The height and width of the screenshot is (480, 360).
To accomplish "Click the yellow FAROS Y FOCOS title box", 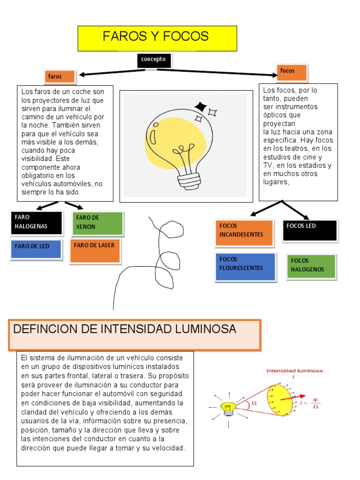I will point(157,38).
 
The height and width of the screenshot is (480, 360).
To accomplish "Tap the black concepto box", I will point(154,60).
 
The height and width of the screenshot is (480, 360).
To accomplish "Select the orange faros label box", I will point(60,76).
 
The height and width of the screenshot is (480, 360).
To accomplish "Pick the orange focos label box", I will point(292,72).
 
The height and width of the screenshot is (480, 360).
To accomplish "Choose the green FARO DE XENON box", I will point(98,223).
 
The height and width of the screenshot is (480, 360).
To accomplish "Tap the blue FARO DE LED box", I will point(36,249).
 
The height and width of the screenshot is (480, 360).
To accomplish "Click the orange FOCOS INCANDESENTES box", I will point(244,232).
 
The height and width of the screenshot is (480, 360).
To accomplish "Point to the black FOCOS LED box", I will point(309,230).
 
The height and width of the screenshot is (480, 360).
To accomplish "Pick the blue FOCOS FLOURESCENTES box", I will point(245,266).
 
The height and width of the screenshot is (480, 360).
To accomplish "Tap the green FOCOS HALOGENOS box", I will point(311,266).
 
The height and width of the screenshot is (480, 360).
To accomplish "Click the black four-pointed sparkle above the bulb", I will point(201,107).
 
